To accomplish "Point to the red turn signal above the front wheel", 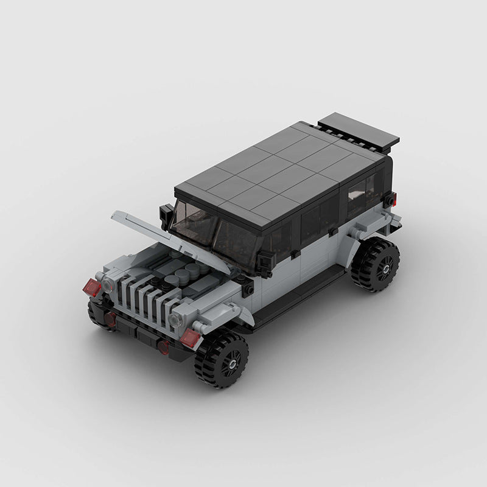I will click(190, 338).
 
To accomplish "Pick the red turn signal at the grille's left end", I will click(93, 287).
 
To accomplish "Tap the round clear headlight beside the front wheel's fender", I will click(177, 319).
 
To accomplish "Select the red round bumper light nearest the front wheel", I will click(164, 347).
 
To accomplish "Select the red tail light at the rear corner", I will click(390, 199).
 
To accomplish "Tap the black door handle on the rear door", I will click(334, 231).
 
